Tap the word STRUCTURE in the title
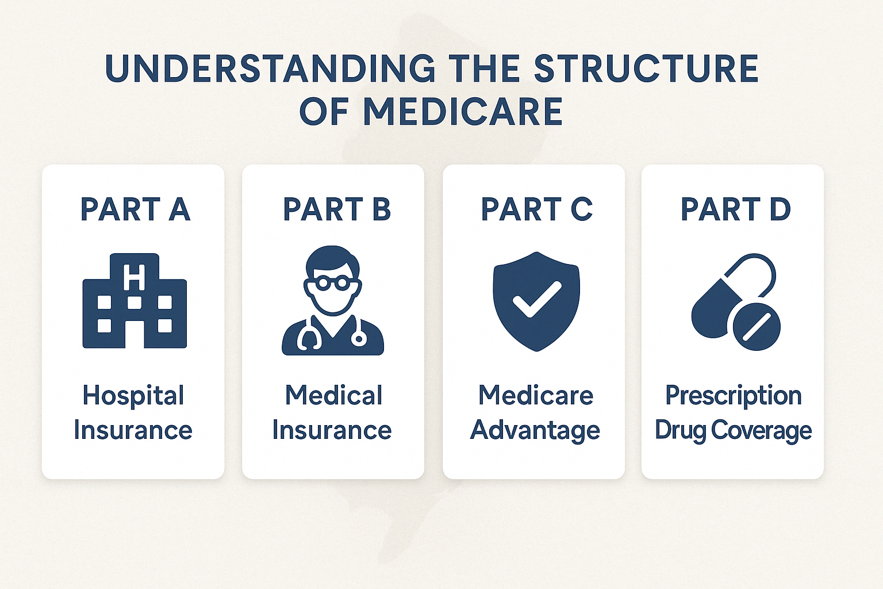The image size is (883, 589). [646, 69]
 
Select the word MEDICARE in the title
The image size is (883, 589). [463, 112]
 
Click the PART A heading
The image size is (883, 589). [135, 209]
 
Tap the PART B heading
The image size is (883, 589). [337, 209]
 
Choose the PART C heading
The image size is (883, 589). [536, 209]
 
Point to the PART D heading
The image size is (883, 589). [736, 209]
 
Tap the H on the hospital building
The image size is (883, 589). [135, 277]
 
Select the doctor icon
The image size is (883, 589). [333, 301]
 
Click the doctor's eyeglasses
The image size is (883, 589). [333, 282]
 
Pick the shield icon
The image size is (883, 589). [536, 300]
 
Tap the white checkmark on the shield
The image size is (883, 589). [536, 299]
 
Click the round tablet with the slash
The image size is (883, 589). [757, 327]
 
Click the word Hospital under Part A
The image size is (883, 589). [133, 396]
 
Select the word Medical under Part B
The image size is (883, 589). [334, 396]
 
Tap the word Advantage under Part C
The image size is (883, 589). [535, 430]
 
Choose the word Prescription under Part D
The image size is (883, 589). [734, 396]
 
